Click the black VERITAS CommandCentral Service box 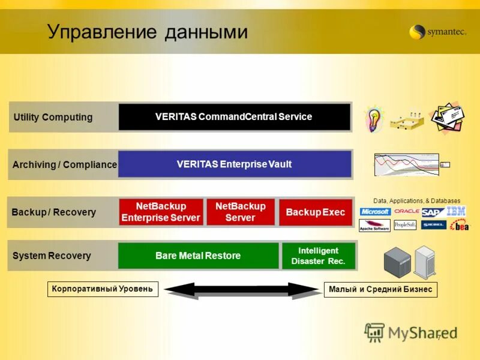pos(234,117)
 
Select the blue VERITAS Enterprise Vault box pos(234,164)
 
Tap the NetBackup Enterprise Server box pos(161,212)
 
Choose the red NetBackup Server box pos(240,212)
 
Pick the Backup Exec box pos(315,212)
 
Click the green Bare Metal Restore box pos(198,256)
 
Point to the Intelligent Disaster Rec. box pos(319,256)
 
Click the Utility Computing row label pos(53,117)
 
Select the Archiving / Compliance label pos(64,164)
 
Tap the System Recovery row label pos(52,256)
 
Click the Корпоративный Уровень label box pos(103,289)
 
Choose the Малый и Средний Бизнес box pos(380,290)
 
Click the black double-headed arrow pos(242,290)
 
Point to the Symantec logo pos(437,32)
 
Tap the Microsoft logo pos(375,212)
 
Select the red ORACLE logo pos(407,211)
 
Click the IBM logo pos(456,211)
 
